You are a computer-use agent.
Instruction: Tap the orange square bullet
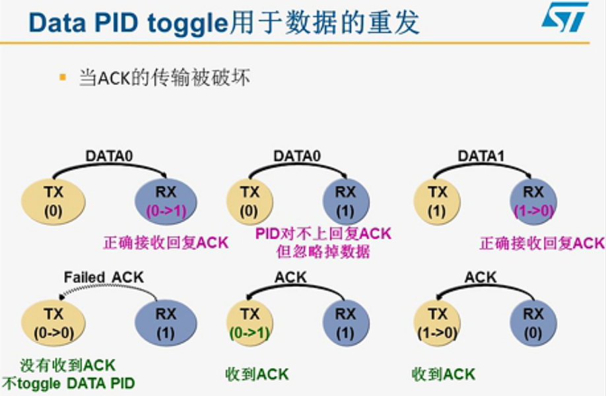point(63,77)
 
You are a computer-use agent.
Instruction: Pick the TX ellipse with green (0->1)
point(250,323)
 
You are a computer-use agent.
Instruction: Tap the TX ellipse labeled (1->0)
point(438,323)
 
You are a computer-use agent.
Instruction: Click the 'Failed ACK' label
point(104,277)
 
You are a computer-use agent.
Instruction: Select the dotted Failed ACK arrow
point(106,290)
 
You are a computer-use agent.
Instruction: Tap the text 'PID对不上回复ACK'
point(323,234)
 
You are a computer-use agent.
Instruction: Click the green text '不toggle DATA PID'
point(69,383)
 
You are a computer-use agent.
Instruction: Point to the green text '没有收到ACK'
point(69,365)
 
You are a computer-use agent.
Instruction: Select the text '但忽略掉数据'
point(323,251)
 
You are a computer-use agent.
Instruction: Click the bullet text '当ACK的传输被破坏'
point(164,78)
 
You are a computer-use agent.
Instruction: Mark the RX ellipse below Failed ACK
point(166,323)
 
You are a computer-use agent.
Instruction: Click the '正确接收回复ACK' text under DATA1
point(541,243)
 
